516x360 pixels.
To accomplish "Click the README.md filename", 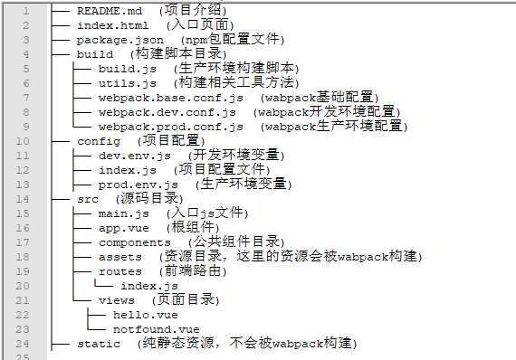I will [x=109, y=12].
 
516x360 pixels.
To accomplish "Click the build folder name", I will [x=94, y=54].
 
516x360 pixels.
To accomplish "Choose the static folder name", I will [x=98, y=343].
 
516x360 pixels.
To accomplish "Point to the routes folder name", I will [x=119, y=270].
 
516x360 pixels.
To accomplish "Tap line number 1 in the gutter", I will [x=25, y=12].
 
